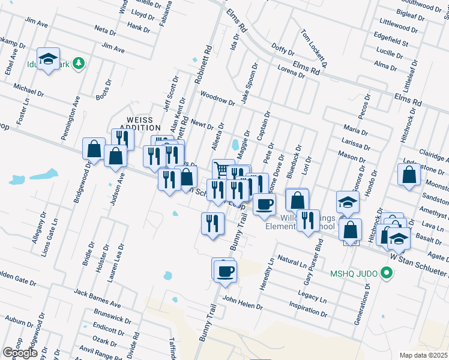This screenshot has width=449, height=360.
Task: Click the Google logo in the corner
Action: (20, 353)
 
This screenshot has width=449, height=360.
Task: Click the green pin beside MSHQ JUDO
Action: (387, 274)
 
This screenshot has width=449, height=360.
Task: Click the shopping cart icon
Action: (223, 170)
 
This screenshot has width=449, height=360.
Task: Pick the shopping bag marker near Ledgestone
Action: (409, 175)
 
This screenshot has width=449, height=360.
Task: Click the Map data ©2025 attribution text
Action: (423, 355)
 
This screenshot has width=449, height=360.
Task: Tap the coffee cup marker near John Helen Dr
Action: (225, 271)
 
